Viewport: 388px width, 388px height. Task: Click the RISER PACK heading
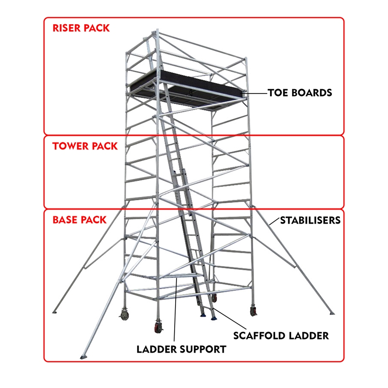coord(81,28)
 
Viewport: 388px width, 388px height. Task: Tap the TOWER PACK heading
coord(85,146)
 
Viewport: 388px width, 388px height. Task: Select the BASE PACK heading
coord(80,220)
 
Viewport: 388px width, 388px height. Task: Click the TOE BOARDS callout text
coord(300,93)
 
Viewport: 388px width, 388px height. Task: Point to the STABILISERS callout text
coord(310,220)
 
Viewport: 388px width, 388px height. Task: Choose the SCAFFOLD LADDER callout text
coord(281,336)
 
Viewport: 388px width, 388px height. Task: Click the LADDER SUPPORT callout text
coord(181,349)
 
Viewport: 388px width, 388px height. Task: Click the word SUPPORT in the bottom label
coord(203,349)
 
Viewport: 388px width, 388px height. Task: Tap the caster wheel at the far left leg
coord(124,315)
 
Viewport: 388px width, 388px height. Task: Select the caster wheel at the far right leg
coord(253,310)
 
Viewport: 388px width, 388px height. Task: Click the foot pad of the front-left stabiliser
coord(83,357)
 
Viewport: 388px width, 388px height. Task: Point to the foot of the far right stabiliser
coord(332,313)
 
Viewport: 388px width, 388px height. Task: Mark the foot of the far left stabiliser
coord(54,312)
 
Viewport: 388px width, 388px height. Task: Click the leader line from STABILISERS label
coord(275,221)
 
